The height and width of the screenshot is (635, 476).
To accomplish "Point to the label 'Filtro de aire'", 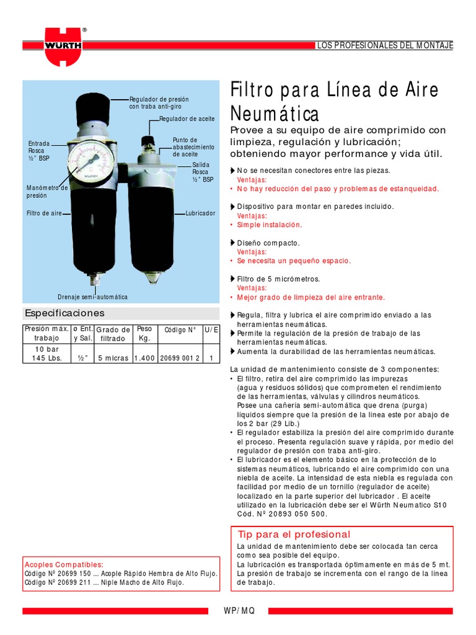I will click(44, 213).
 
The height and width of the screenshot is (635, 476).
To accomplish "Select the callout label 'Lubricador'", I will click(200, 213).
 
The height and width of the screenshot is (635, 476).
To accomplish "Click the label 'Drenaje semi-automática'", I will click(92, 297).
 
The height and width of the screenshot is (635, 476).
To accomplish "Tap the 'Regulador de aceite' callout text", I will click(187, 118).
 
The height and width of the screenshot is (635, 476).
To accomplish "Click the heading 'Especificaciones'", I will click(64, 313).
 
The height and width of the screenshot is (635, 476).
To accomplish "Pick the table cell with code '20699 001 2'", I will click(180, 358).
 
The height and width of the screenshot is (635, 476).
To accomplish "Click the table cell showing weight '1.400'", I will click(144, 358).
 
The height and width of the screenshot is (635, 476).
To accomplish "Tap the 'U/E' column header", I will click(211, 330).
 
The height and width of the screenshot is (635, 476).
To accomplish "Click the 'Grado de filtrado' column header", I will click(113, 334).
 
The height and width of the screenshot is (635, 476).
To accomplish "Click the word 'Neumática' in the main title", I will click(275, 114).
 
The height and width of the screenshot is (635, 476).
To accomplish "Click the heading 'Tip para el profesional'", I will click(294, 535).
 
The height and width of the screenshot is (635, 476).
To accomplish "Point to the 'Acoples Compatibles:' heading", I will click(64, 565).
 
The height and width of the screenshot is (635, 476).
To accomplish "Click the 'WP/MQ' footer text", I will click(239, 611).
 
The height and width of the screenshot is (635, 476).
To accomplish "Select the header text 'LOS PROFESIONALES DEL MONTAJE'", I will click(385, 46).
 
